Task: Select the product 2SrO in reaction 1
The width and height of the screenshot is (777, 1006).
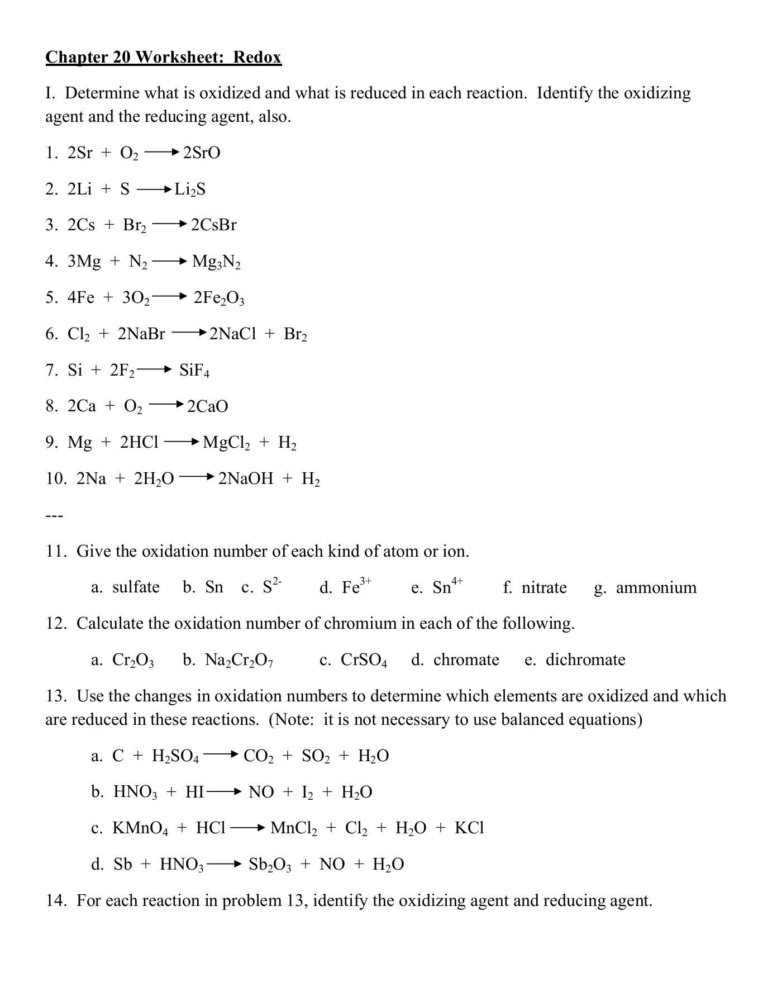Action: [202, 153]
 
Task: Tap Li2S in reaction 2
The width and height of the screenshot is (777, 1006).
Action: [190, 189]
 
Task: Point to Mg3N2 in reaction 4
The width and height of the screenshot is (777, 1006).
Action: [216, 262]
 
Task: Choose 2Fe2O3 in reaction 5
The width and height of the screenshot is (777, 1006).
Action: [219, 298]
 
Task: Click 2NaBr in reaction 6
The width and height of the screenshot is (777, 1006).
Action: [141, 334]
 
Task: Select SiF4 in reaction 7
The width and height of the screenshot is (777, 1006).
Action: [194, 371]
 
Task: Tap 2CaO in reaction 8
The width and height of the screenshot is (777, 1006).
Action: [207, 406]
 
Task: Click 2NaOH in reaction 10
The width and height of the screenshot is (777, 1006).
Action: [246, 479]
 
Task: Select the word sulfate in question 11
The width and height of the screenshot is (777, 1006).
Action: [136, 587]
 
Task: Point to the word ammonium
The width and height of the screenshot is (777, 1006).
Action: [656, 587]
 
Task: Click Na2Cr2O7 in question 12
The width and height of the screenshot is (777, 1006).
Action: [239, 661]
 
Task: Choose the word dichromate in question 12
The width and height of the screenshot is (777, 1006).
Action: [585, 660]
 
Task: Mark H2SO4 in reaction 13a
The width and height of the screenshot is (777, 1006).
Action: [175, 757]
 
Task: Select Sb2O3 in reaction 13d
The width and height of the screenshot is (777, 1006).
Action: [270, 865]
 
